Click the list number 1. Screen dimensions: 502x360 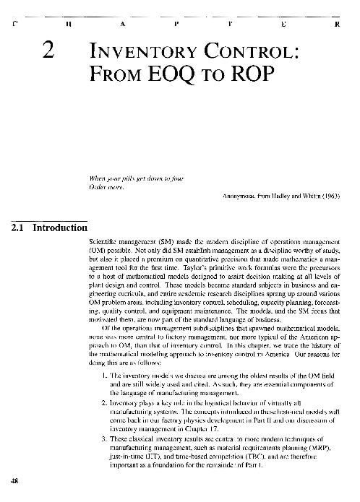[108, 377]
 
